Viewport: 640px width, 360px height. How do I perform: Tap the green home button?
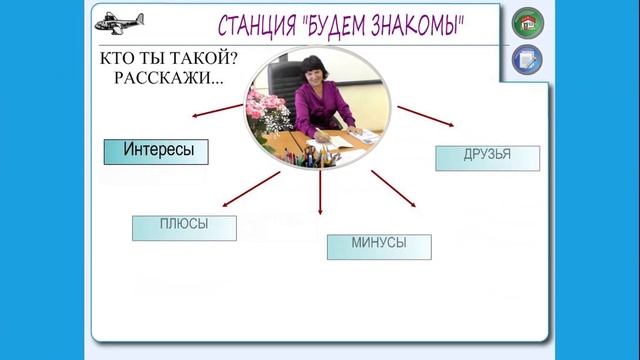(x=527, y=23)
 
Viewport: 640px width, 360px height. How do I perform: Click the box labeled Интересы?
(x=157, y=151)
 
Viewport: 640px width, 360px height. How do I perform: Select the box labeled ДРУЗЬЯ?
(x=487, y=157)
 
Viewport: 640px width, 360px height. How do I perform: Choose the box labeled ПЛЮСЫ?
(x=184, y=227)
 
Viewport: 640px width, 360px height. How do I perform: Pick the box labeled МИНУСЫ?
(x=379, y=246)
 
